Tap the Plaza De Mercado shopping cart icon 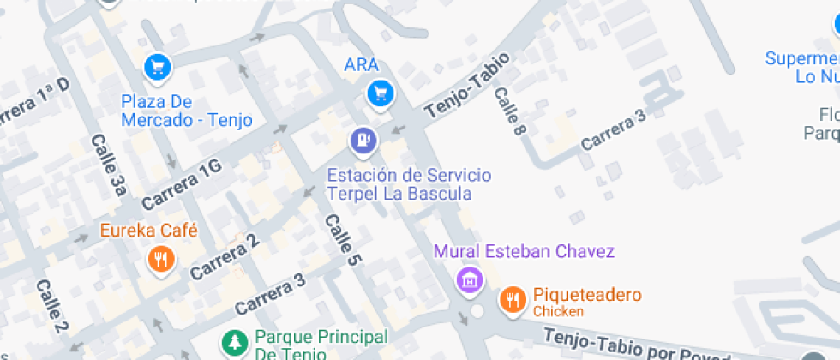[x=157, y=67]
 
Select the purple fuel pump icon [x=364, y=140]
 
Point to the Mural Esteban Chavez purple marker [x=469, y=279]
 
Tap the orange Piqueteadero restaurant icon [x=513, y=298]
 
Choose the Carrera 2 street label [x=225, y=255]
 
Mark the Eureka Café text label [x=148, y=231]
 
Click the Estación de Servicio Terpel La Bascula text [x=409, y=184]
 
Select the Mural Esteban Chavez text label [x=524, y=252]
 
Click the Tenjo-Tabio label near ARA [x=467, y=85]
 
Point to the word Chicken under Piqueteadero [x=558, y=311]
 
